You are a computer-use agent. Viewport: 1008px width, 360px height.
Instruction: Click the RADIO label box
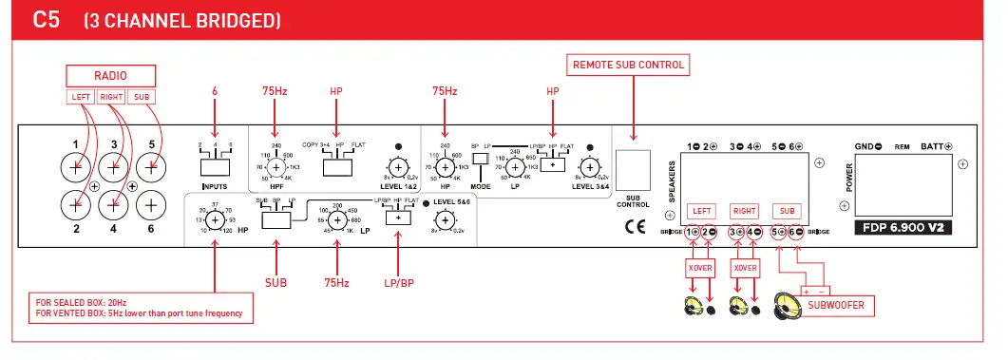pyautogui.click(x=110, y=75)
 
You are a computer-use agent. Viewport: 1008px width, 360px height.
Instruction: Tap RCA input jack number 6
pyautogui.click(x=149, y=203)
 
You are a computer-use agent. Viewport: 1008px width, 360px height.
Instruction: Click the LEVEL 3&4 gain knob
pyautogui.click(x=591, y=168)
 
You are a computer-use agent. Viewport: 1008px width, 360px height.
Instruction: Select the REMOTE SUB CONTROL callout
pyautogui.click(x=628, y=66)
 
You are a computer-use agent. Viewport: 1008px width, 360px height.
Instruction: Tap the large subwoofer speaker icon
pyautogui.click(x=788, y=306)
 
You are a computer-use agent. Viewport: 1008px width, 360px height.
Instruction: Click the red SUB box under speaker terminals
pyautogui.click(x=787, y=210)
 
